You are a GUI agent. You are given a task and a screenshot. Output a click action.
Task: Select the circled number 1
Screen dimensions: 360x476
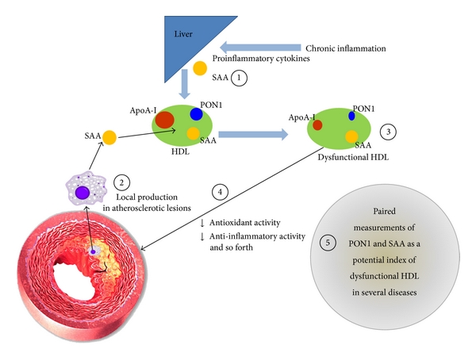click(240, 78)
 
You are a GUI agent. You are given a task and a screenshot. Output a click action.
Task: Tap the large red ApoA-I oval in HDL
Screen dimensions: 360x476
click(165, 121)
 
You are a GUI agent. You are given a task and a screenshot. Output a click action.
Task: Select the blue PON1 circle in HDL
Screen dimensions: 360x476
click(196, 113)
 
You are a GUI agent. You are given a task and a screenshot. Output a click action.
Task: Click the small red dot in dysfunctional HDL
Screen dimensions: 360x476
click(317, 124)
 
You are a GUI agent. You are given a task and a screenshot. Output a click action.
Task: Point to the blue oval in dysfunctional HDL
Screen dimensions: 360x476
click(351, 116)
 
